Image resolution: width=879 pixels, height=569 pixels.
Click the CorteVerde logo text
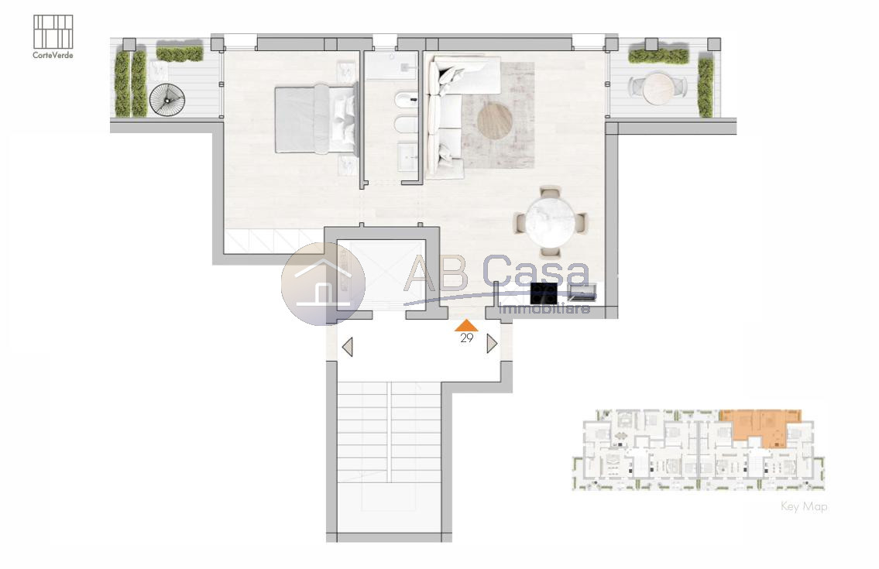(x=53, y=55)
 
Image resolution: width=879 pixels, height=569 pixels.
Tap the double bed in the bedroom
(x=316, y=119)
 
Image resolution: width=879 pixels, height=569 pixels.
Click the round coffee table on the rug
(x=495, y=121)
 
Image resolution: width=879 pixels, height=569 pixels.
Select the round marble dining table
(x=551, y=221)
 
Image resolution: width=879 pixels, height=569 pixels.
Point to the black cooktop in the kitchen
(x=544, y=293)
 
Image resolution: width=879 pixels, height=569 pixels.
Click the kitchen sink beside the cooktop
(x=582, y=292)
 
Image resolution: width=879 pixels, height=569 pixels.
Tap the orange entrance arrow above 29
(x=466, y=325)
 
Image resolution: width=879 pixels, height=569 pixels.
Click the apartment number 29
(x=466, y=338)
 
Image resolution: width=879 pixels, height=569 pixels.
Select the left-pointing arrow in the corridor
(x=348, y=347)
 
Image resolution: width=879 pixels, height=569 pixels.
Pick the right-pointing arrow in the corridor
(x=492, y=344)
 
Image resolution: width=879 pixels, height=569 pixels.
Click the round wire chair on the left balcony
(x=167, y=100)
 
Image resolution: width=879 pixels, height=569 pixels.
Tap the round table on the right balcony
(x=658, y=89)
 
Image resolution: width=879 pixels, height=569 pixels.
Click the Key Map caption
(x=804, y=507)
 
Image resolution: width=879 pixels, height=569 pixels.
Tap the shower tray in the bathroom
(x=392, y=65)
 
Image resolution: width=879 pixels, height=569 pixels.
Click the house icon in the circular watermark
(x=323, y=283)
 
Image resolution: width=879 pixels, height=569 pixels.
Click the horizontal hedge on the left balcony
(x=180, y=54)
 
